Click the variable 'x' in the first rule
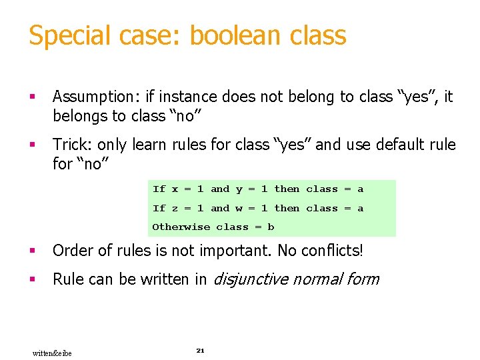click(x=175, y=189)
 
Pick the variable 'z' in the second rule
click(x=175, y=209)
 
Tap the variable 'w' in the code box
click(x=239, y=209)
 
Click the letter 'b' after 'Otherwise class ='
click(x=271, y=227)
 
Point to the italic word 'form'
click(x=363, y=279)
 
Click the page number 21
click(x=200, y=350)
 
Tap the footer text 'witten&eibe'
click(x=52, y=353)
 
